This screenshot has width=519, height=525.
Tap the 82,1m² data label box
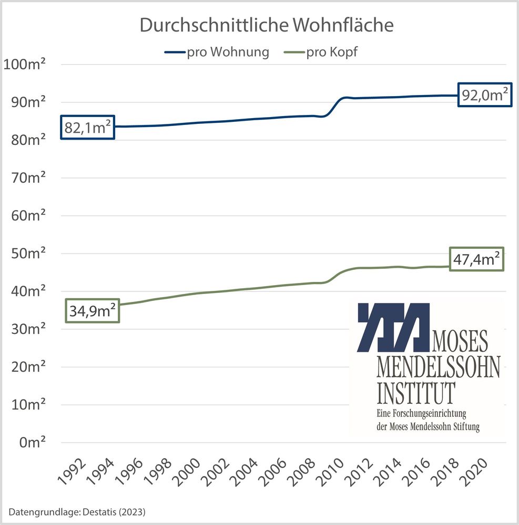pos(88,128)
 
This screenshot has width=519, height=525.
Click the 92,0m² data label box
pos(484,95)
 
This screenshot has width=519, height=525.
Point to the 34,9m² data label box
pos(93,311)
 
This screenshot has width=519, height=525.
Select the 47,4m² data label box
pos(476,259)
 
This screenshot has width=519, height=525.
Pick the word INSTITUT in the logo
pos(416,391)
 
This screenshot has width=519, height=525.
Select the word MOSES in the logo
pos(460,342)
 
